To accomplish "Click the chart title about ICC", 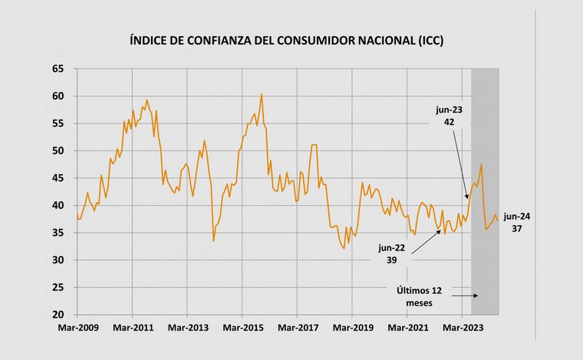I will [x=288, y=41].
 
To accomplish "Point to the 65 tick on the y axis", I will [x=58, y=69].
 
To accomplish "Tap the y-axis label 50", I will [x=58, y=151].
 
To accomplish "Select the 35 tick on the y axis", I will [x=58, y=233].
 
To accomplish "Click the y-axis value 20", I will [x=58, y=315].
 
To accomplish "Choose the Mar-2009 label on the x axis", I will [x=77, y=329].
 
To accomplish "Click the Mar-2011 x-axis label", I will [x=133, y=329].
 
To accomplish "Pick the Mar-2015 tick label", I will [x=242, y=329].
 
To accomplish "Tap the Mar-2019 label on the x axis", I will [x=352, y=329].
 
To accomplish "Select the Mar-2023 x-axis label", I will [x=462, y=329].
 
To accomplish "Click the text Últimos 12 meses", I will [x=419, y=296].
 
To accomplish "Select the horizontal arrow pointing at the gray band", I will [x=466, y=296].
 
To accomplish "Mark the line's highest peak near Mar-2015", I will [x=262, y=94].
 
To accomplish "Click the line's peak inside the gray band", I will [x=481, y=164].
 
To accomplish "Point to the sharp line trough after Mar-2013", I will [x=213, y=241].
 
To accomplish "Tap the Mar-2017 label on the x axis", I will [x=297, y=329].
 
